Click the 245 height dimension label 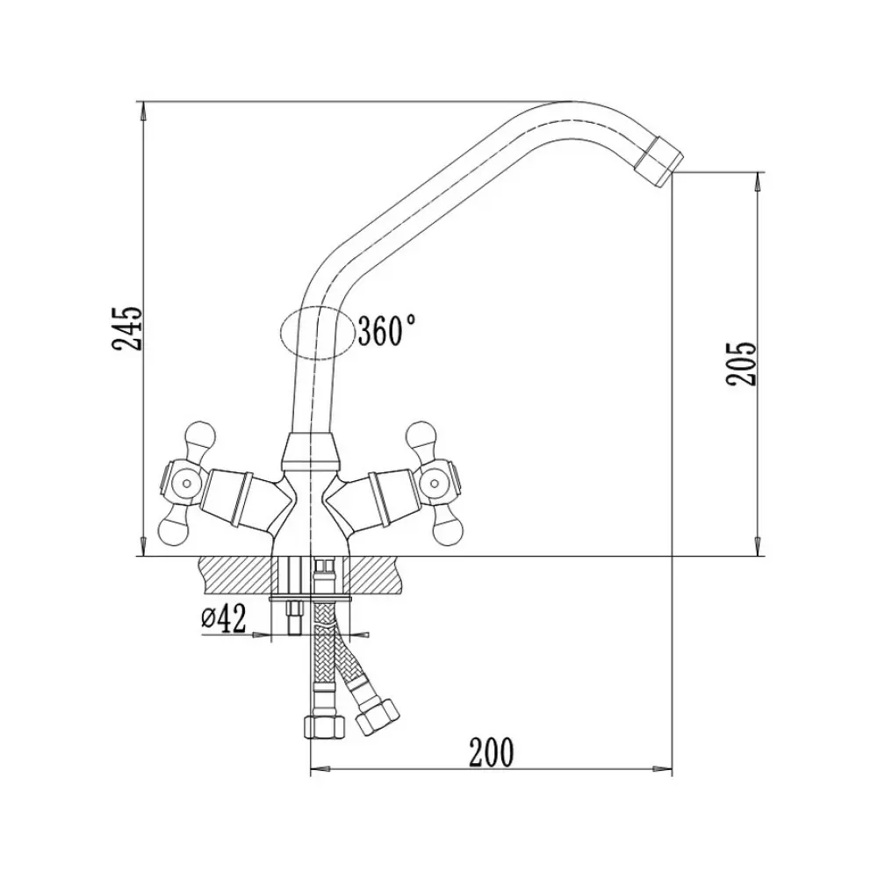(x=127, y=328)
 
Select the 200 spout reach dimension (x=491, y=752)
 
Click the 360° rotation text (x=387, y=330)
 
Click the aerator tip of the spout (x=659, y=162)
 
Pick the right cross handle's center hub (x=435, y=480)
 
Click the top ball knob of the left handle (x=199, y=435)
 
